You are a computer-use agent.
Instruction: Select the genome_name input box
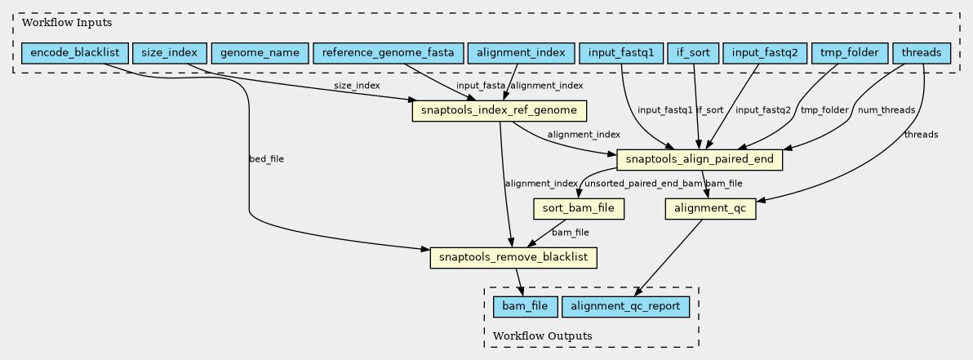click(x=260, y=54)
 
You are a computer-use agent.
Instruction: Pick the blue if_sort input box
click(x=692, y=54)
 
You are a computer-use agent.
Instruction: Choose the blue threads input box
click(x=922, y=54)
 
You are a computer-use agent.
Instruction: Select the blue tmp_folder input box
click(x=849, y=54)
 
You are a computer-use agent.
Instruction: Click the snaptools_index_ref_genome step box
click(x=500, y=110)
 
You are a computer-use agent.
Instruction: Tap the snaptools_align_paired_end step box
click(x=700, y=160)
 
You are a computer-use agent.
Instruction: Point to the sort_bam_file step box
click(x=579, y=209)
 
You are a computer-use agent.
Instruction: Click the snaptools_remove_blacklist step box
click(x=513, y=258)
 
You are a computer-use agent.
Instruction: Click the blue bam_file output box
click(x=526, y=307)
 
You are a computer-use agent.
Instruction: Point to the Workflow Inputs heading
click(x=56, y=21)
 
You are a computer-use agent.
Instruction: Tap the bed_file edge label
click(x=266, y=158)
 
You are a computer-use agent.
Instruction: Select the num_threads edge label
click(x=886, y=109)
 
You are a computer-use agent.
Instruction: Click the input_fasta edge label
click(x=481, y=86)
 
